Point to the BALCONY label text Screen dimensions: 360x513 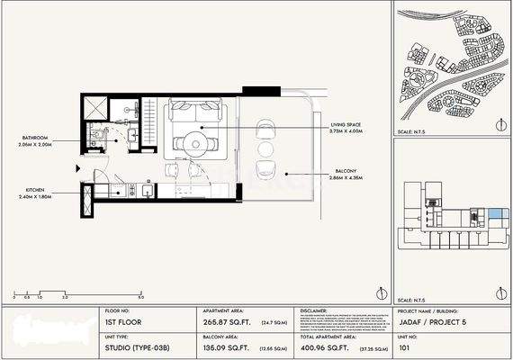[x=323, y=175]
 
